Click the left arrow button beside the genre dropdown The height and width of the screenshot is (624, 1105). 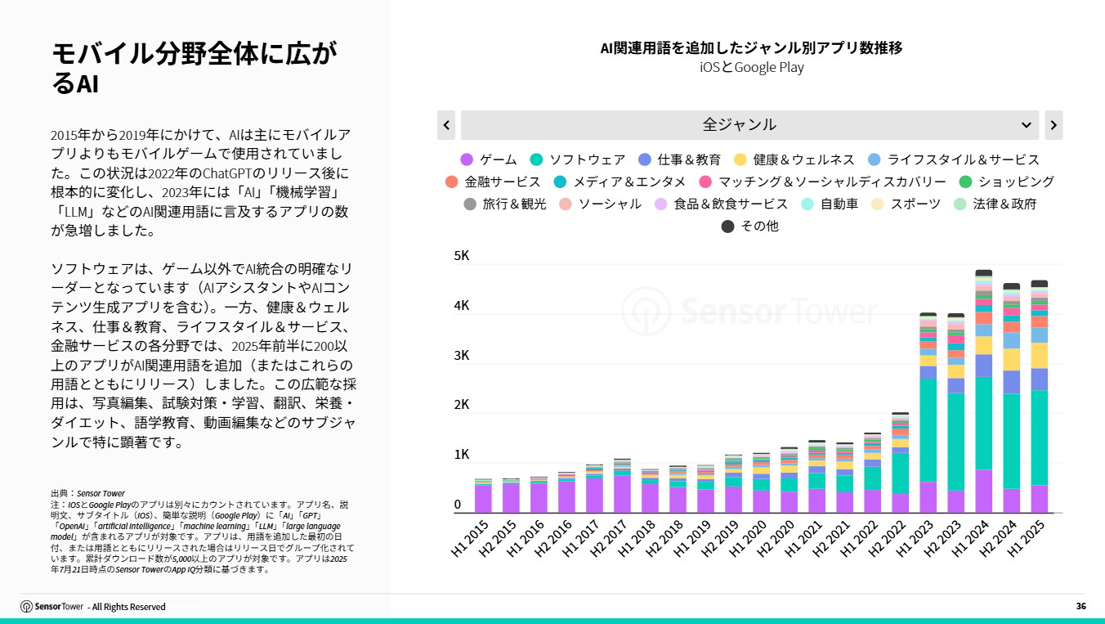446,125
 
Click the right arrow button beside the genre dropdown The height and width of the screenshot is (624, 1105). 1054,125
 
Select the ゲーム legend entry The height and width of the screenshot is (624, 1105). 489,159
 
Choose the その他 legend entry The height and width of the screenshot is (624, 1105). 749,226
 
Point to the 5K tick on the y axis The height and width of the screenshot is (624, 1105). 462,256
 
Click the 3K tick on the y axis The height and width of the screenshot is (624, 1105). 462,355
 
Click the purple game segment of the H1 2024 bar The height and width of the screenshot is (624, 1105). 984,491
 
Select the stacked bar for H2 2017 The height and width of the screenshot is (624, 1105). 622,487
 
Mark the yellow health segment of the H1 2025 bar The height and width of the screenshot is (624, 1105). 1040,355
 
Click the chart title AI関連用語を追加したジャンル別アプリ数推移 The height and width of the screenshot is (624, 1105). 751,47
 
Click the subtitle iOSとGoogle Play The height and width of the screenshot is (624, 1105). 751,67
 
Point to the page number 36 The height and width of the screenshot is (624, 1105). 1080,606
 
